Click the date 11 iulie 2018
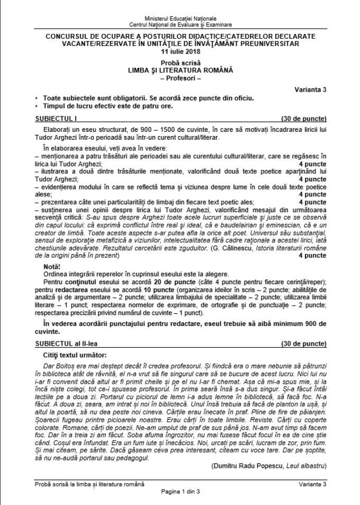(x=180, y=51)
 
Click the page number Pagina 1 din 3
(x=180, y=491)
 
